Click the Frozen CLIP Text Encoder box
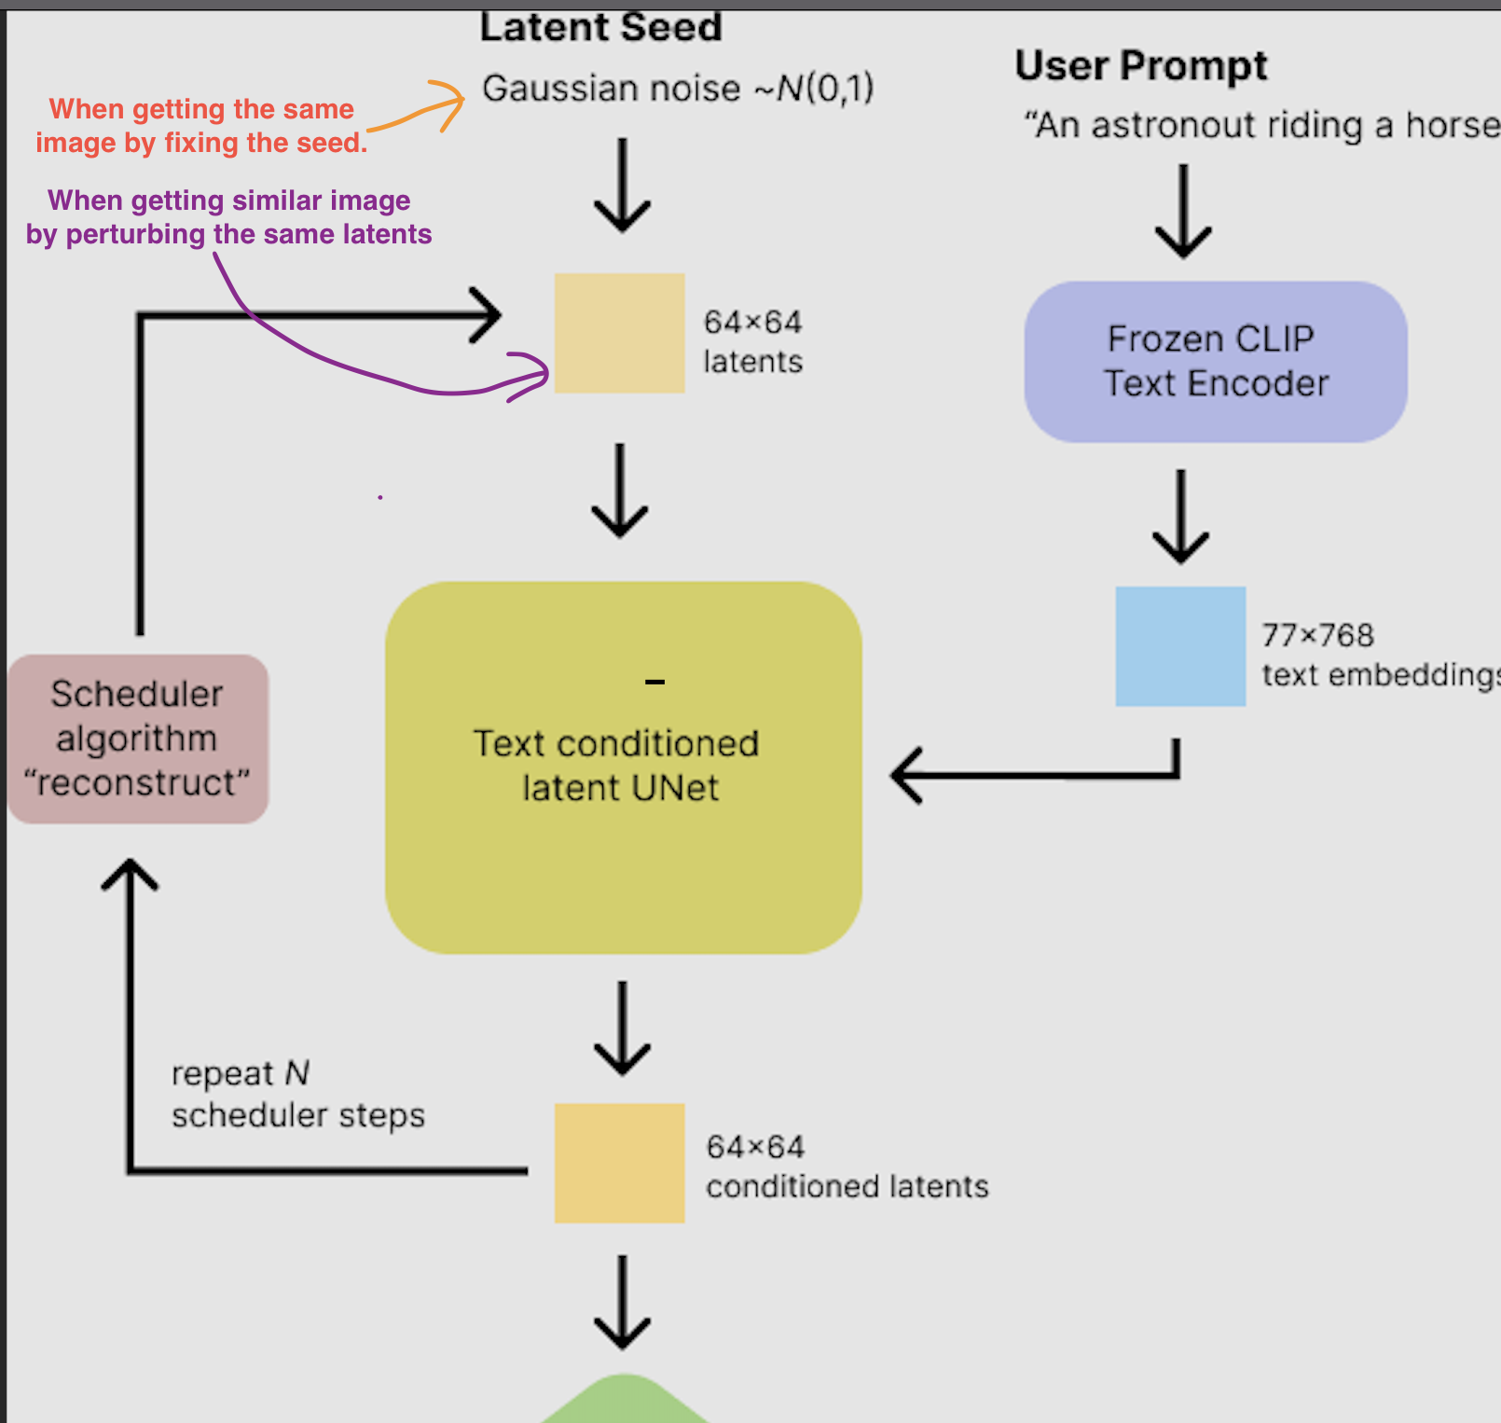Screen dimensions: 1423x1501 click(1215, 362)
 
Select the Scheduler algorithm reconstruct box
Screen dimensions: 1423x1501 click(138, 739)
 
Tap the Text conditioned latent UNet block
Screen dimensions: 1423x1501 click(623, 767)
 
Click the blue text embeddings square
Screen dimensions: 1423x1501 click(1180, 646)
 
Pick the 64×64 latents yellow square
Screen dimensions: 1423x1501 click(619, 333)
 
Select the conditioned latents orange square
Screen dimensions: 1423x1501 click(619, 1163)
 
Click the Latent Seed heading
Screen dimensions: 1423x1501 click(600, 26)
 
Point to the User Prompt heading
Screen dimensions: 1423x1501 click(1140, 65)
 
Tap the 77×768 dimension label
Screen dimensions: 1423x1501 click(1317, 635)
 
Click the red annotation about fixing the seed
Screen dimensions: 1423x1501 click(201, 126)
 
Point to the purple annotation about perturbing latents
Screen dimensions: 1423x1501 click(228, 217)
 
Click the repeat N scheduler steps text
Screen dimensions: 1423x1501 click(296, 1094)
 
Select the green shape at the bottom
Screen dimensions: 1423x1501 click(625, 1402)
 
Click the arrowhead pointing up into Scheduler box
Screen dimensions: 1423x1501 click(130, 874)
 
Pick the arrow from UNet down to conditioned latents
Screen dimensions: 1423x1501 click(622, 1028)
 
